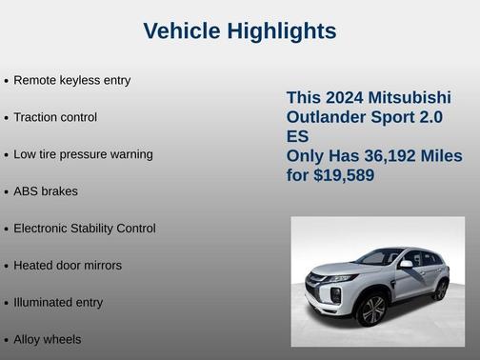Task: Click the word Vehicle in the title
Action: (181, 31)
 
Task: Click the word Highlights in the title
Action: (280, 31)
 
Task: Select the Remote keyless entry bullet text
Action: (71, 80)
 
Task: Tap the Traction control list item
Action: (55, 117)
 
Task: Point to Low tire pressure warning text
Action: (83, 154)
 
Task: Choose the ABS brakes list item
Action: (46, 191)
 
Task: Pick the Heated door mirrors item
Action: (68, 266)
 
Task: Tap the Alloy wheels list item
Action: (48, 340)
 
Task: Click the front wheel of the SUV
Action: (372, 310)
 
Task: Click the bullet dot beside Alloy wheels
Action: (7, 340)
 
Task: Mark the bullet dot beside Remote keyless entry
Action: (7, 81)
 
